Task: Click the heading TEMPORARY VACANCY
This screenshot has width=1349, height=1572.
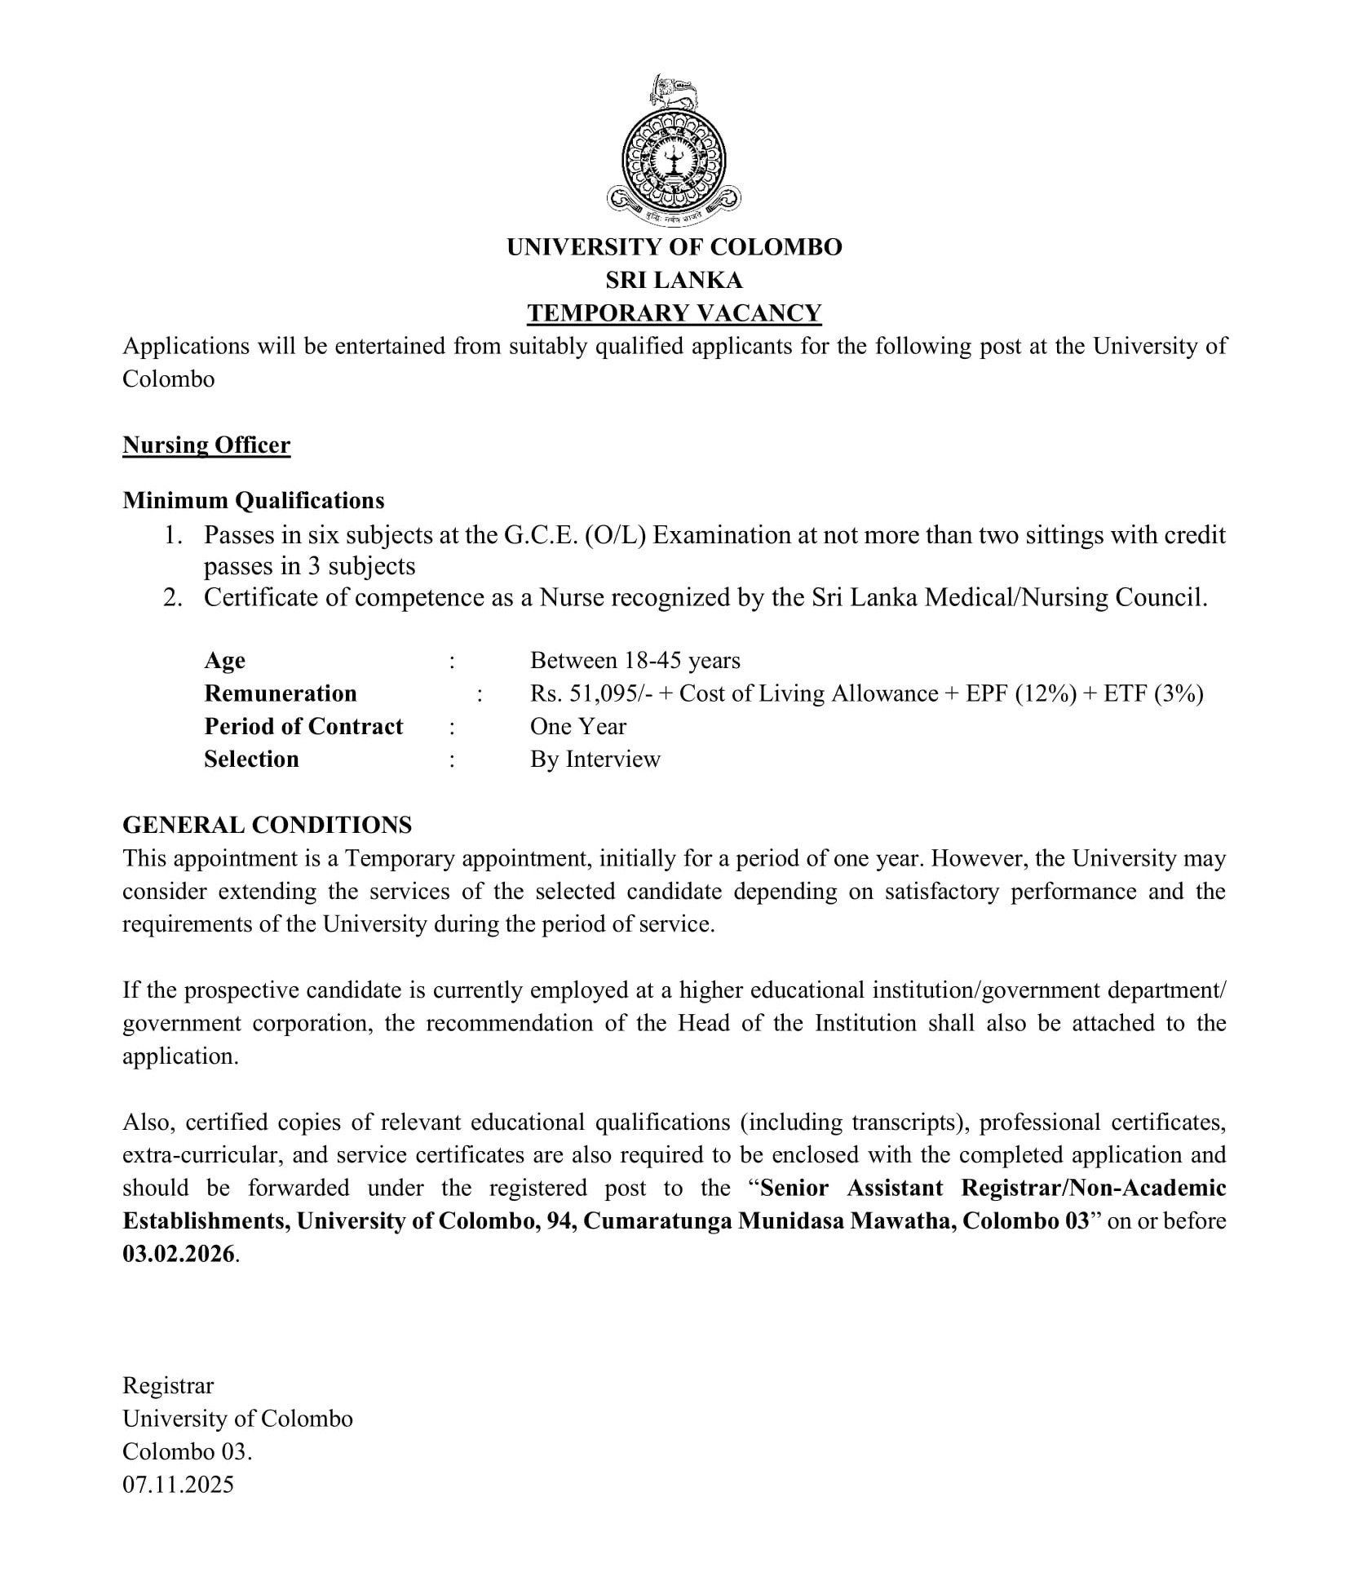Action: pyautogui.click(x=674, y=313)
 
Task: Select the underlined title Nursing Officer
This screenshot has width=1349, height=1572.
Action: pyautogui.click(x=206, y=445)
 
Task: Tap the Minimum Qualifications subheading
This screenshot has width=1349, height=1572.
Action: pyautogui.click(x=254, y=500)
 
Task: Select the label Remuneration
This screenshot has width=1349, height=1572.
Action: pyautogui.click(x=281, y=693)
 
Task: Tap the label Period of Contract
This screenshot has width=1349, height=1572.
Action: pyautogui.click(x=303, y=726)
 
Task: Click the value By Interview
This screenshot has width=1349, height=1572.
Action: pyautogui.click(x=595, y=759)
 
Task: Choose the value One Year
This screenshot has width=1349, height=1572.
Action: pyautogui.click(x=577, y=726)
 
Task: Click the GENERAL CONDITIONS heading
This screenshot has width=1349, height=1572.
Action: pyautogui.click(x=267, y=825)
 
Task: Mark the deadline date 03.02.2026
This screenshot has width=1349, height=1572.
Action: pyautogui.click(x=179, y=1254)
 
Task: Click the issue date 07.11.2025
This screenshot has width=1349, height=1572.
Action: pyautogui.click(x=178, y=1484)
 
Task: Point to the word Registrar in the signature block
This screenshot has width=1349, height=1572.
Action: pyautogui.click(x=168, y=1385)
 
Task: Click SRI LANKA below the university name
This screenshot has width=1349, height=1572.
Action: pyautogui.click(x=674, y=280)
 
